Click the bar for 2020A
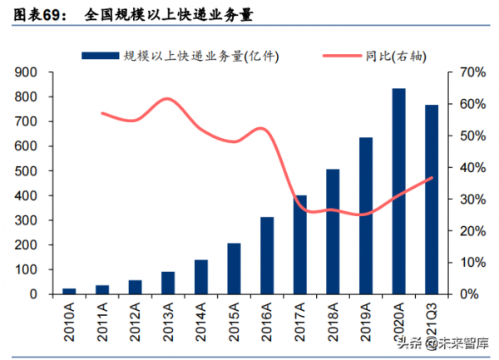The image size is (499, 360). (x=399, y=191)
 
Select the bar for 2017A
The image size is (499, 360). (x=300, y=244)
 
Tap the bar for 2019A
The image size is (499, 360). (x=366, y=215)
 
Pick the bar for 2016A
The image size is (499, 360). (x=267, y=255)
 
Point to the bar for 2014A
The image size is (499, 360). (x=201, y=277)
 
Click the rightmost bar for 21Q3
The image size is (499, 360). (x=432, y=200)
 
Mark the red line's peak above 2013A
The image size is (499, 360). (x=167, y=99)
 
